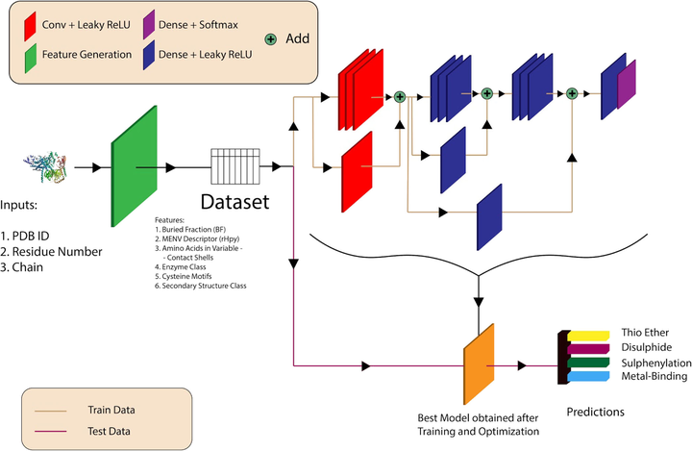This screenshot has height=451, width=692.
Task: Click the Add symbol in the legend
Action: coord(272,39)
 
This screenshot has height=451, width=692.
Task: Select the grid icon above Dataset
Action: coord(235,167)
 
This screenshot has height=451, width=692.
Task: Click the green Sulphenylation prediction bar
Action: coord(589,363)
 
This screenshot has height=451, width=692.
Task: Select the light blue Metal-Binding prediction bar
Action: coord(587,377)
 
